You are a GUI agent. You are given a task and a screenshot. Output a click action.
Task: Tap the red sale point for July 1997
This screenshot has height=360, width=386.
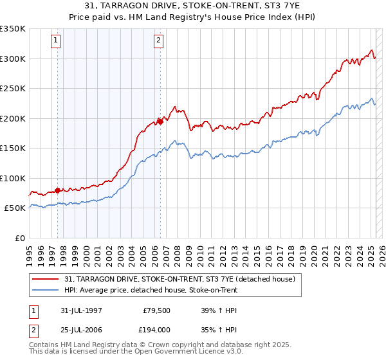[x=57, y=190]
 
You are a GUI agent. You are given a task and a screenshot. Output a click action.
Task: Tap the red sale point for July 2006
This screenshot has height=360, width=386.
[x=160, y=122]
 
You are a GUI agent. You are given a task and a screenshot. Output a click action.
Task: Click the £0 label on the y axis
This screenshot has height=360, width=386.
[x=20, y=238]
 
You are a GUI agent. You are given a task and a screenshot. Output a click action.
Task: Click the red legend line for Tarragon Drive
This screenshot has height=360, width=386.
[x=46, y=279]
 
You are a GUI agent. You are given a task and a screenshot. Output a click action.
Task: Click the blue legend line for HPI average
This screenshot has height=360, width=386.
[x=46, y=291]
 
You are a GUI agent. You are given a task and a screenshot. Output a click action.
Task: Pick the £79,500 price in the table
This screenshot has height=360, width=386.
[x=155, y=310]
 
